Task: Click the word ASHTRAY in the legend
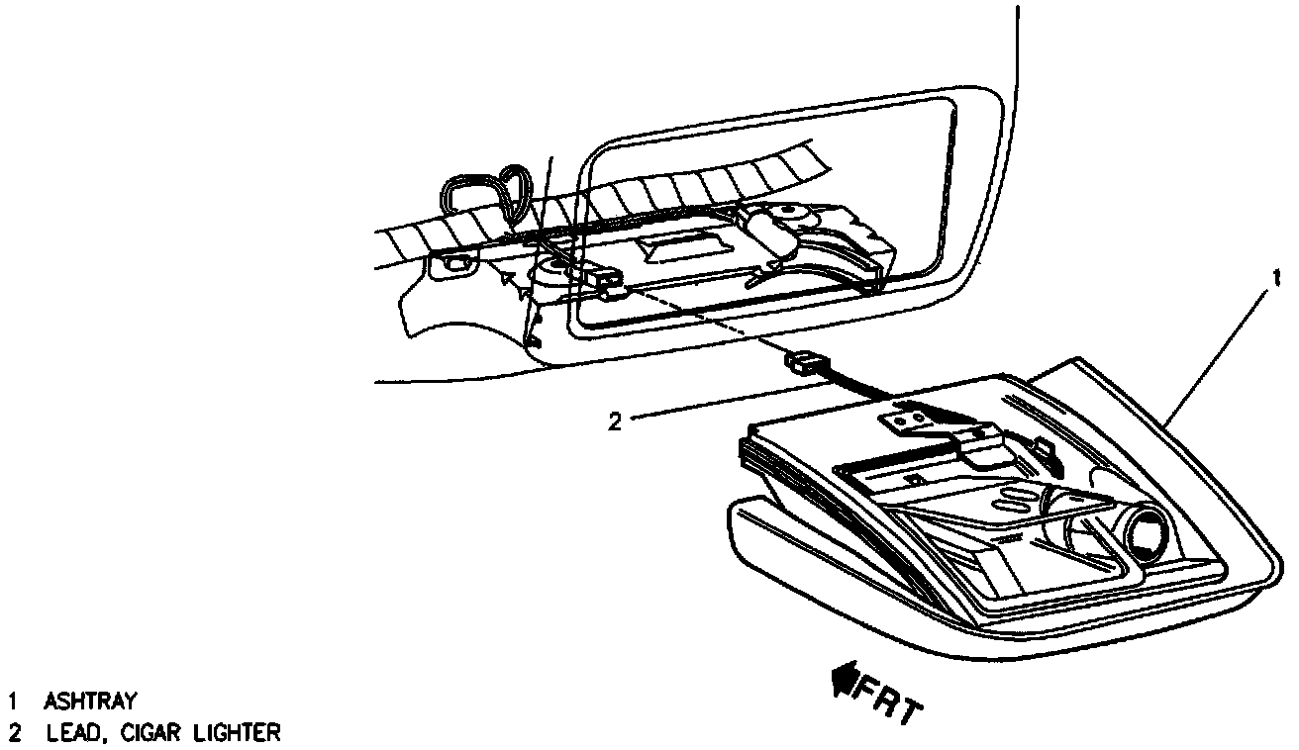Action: (x=90, y=703)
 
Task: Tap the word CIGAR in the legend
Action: (x=152, y=733)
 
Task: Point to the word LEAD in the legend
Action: (x=73, y=733)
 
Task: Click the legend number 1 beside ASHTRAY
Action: (x=13, y=703)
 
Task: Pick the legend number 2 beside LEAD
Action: (x=13, y=733)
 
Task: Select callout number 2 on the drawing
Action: (x=614, y=422)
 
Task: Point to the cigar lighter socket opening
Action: (x=1149, y=535)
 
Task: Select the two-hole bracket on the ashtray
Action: (x=908, y=420)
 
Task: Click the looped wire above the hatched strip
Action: (x=491, y=192)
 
